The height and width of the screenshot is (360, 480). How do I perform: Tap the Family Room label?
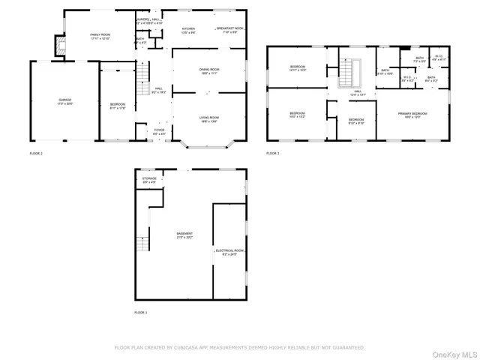tap(100, 36)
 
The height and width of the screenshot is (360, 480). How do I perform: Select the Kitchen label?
tap(188, 31)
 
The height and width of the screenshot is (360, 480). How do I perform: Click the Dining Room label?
tap(209, 71)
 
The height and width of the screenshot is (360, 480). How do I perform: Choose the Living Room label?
tap(209, 118)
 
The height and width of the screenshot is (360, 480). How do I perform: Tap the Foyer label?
tap(160, 131)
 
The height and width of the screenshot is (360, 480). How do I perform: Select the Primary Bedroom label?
tap(412, 114)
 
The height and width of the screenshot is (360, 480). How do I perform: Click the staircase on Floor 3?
tap(348, 73)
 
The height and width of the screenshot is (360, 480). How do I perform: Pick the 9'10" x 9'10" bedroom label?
tap(356, 120)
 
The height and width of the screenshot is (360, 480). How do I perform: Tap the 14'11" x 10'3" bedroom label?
tap(298, 68)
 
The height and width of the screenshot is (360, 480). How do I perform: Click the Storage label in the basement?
tap(150, 179)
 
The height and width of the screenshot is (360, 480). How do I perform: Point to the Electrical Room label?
tap(229, 251)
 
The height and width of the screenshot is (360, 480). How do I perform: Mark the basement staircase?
tap(141, 244)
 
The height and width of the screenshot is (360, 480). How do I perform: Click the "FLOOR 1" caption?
tap(141, 312)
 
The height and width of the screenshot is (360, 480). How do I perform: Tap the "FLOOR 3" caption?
tap(272, 153)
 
